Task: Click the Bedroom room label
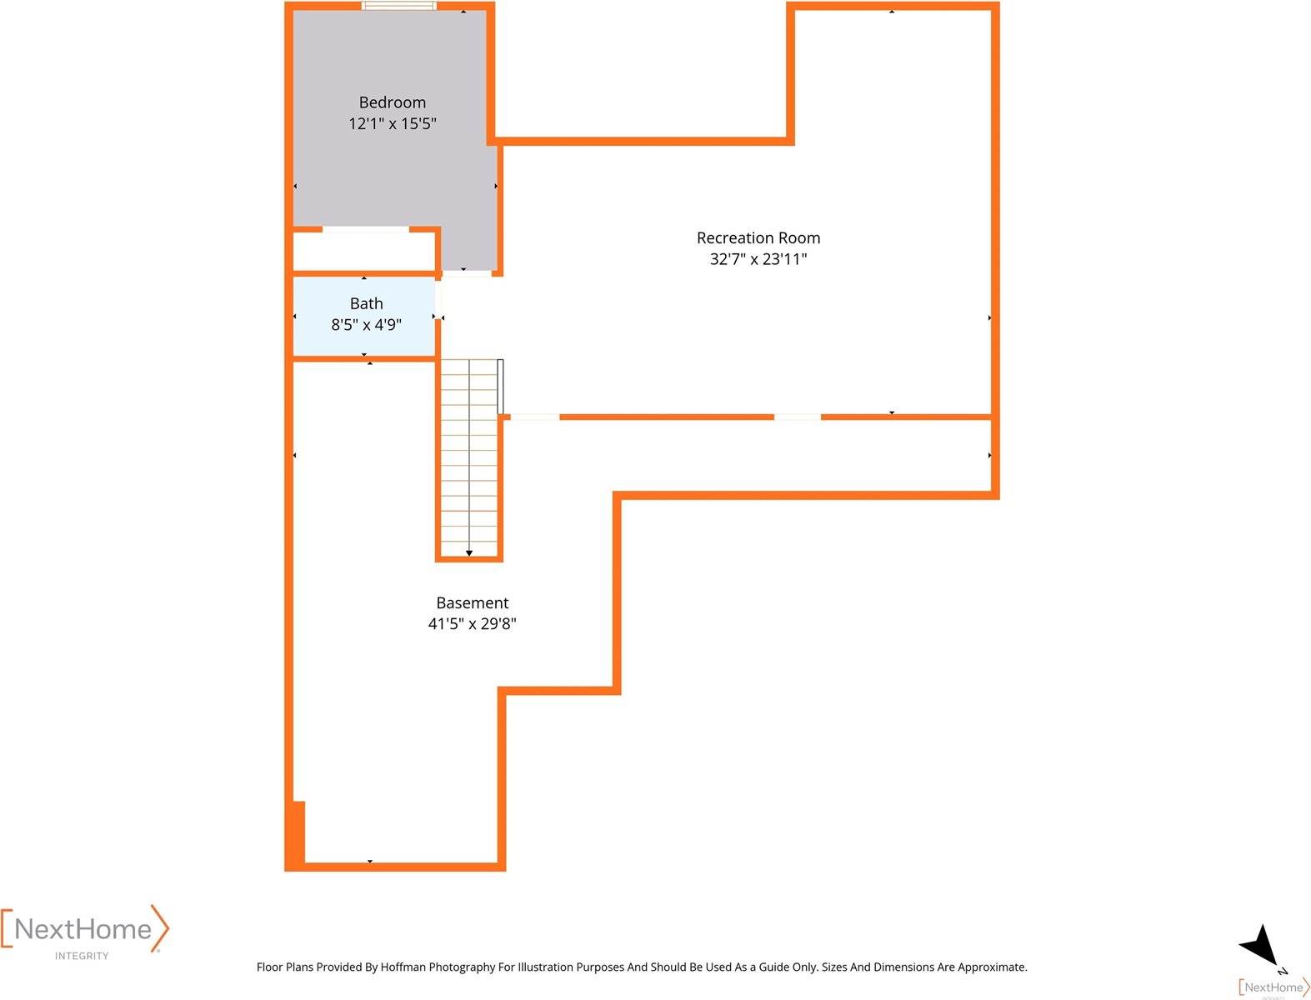(x=392, y=102)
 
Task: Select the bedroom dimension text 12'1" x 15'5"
(x=392, y=123)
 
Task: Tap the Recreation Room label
(x=758, y=238)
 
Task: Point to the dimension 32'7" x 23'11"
(x=758, y=259)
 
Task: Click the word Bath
(x=366, y=304)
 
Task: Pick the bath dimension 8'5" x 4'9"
(x=366, y=325)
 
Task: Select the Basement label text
(x=472, y=603)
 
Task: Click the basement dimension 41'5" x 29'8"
(x=472, y=624)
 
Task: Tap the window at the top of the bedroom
(x=398, y=6)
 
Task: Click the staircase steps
(x=469, y=457)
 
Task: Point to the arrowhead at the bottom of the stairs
(x=469, y=553)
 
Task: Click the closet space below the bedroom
(x=363, y=251)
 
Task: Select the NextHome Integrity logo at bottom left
(x=84, y=933)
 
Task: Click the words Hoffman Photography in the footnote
(x=438, y=967)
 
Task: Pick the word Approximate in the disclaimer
(x=992, y=967)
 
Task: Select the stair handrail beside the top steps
(x=501, y=387)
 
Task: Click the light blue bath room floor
(x=363, y=317)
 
